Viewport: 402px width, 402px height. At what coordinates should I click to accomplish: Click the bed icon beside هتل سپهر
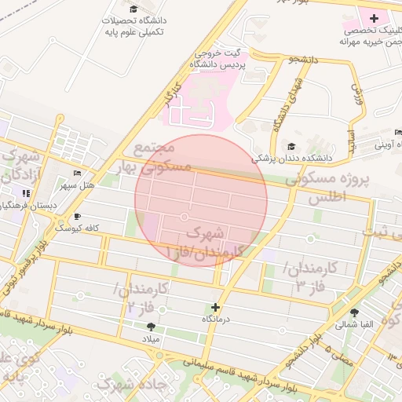[77, 173]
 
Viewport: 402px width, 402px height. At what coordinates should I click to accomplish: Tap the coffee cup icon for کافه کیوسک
[77, 216]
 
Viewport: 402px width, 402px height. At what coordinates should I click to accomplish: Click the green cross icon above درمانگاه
[214, 307]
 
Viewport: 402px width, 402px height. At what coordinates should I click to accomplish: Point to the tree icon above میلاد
[150, 326]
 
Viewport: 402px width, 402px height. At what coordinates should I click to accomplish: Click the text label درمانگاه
[214, 320]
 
